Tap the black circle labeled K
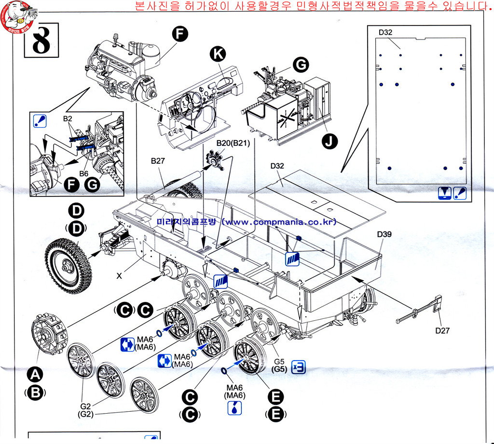click(x=218, y=54)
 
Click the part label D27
click(x=442, y=330)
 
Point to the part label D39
click(x=384, y=235)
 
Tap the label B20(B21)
click(x=233, y=143)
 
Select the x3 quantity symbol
click(x=299, y=367)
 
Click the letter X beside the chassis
click(x=119, y=276)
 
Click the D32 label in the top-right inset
click(x=385, y=32)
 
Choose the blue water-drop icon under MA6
click(x=234, y=408)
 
